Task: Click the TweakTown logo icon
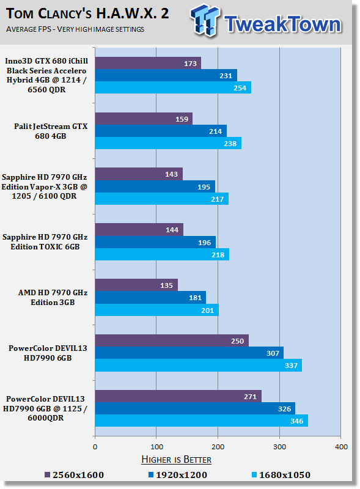click(x=205, y=20)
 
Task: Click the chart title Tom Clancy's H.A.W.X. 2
click(x=87, y=13)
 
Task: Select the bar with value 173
click(x=148, y=63)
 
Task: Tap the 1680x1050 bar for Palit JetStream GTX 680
click(x=168, y=143)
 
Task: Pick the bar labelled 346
click(x=202, y=421)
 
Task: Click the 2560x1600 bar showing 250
click(x=172, y=340)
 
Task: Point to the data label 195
click(x=204, y=187)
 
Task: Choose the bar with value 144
click(x=139, y=230)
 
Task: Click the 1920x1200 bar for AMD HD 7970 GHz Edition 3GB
click(x=150, y=298)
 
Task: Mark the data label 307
click(x=273, y=353)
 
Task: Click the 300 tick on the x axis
click(x=279, y=447)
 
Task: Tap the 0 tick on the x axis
click(x=95, y=447)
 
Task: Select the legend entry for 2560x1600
click(x=74, y=475)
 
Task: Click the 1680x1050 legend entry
click(x=281, y=475)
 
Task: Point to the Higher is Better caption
click(x=176, y=460)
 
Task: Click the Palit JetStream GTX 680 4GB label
click(x=51, y=131)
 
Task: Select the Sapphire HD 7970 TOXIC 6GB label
click(x=45, y=242)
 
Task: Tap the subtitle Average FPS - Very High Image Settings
click(x=75, y=29)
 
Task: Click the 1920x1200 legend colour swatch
click(x=151, y=475)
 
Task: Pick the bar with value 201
click(x=157, y=310)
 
